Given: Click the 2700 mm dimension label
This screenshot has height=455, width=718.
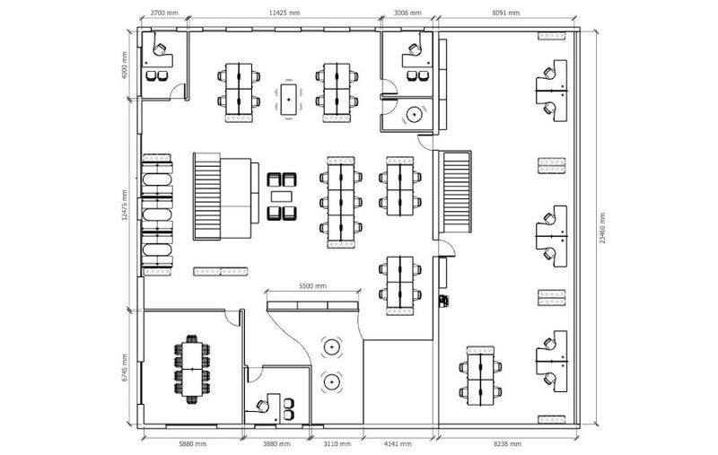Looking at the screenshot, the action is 164,13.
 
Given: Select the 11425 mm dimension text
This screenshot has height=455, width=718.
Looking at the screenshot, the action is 285,13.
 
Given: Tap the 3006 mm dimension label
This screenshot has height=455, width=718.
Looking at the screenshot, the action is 407,13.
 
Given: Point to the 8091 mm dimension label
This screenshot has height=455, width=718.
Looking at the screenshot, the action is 506,13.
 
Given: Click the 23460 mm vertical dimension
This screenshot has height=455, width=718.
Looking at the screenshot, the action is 602,228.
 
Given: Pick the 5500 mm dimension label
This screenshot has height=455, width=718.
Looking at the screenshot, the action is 312,286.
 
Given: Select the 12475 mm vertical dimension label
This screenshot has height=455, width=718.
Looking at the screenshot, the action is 125,205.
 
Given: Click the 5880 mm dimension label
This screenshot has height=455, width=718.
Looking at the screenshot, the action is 192,444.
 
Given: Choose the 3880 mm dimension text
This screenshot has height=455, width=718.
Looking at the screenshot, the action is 276,444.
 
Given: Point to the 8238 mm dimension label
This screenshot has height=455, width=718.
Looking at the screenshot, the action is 507,444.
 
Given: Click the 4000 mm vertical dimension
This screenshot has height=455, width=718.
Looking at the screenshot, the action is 125,66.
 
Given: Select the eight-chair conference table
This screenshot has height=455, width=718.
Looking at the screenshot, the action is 192,369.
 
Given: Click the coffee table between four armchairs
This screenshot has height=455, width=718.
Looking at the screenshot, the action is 281,197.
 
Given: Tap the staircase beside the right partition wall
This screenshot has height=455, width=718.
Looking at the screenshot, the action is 456,192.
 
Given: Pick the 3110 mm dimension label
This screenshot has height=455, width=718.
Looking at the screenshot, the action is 337,444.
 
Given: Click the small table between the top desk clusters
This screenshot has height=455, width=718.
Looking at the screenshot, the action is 288,100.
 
